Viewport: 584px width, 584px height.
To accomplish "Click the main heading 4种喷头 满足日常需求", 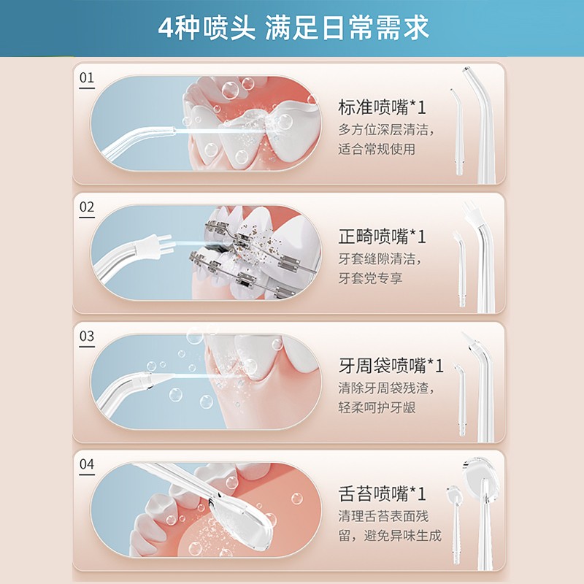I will pos(293,27).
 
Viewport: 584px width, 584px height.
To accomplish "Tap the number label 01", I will pos(87,77).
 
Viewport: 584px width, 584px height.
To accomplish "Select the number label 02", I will pos(87,207).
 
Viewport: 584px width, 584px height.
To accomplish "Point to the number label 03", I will pos(87,337).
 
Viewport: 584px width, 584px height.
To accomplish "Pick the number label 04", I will pos(87,464).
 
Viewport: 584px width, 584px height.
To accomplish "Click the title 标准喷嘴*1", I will pos(381,108).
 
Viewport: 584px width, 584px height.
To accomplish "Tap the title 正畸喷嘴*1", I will pos(381,237).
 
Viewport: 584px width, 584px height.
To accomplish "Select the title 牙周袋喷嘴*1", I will pos(391,365).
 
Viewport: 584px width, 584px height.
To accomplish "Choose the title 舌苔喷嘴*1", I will pos(381,493).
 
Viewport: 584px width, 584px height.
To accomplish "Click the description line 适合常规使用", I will pos(376,150).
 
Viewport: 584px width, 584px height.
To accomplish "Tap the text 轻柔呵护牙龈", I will pos(376,407).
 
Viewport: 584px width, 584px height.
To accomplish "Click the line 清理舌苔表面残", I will pos(389,516).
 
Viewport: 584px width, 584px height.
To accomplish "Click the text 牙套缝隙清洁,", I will pos(380,258).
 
